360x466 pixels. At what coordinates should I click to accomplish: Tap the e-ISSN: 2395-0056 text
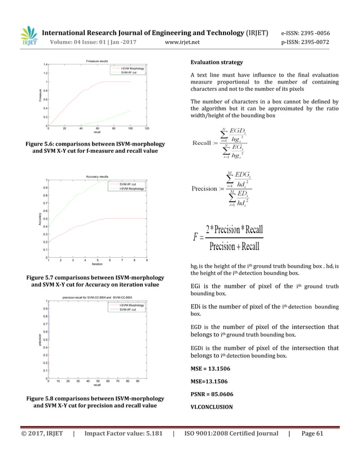305,33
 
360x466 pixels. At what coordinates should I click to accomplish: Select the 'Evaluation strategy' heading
217,62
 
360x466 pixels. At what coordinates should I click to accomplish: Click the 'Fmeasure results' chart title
97,60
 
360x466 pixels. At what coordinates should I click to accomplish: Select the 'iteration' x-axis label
97,264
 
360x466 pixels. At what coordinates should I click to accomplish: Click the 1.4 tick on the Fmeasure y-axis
45,65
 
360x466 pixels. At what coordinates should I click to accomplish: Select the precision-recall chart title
97,297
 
